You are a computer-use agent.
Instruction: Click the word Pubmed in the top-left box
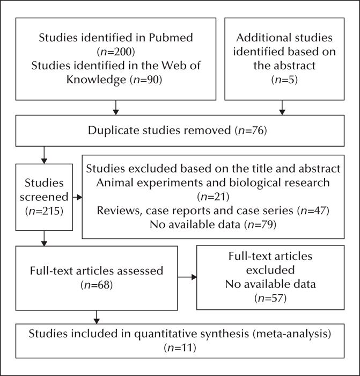coord(171,38)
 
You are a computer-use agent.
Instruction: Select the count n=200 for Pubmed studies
coord(116,52)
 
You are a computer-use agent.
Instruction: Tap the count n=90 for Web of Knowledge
coord(146,79)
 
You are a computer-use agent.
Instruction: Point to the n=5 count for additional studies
coord(284,79)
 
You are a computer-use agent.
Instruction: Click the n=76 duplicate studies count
coord(251,131)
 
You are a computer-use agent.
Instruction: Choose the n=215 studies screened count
coord(44,211)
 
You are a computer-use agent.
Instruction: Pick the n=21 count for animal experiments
coord(213,197)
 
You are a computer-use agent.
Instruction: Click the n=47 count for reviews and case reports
coord(313,211)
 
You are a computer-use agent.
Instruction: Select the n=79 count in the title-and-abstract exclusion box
coord(260,225)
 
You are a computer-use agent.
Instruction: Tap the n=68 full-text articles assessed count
coord(97,285)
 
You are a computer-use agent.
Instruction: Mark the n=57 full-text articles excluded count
coord(270,298)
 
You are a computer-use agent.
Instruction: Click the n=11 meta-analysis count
coord(180,348)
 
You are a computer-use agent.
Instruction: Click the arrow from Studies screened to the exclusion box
coord(77,197)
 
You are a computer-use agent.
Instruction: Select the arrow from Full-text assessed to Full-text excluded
coord(187,277)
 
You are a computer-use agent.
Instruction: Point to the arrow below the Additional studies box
coord(282,107)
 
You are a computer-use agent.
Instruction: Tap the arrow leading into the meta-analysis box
coord(97,317)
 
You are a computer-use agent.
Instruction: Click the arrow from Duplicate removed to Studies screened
coord(44,155)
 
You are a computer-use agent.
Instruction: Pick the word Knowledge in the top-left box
coord(96,79)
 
